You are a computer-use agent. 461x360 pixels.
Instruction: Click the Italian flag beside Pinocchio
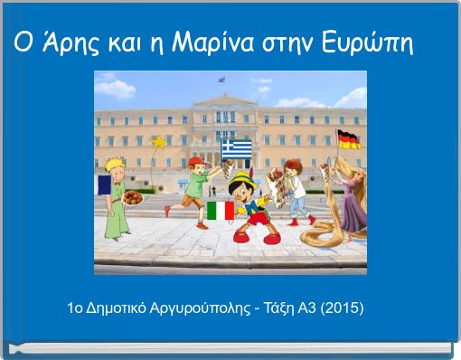point(220,211)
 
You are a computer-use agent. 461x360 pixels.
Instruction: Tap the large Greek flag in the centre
point(238,146)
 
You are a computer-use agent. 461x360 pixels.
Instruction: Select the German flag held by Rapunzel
point(348,138)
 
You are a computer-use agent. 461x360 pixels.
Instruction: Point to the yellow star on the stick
point(160,142)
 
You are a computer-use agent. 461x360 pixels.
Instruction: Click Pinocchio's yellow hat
point(240,183)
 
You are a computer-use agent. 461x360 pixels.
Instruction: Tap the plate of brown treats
point(132,194)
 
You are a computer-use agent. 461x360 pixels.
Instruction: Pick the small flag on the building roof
point(222,80)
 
